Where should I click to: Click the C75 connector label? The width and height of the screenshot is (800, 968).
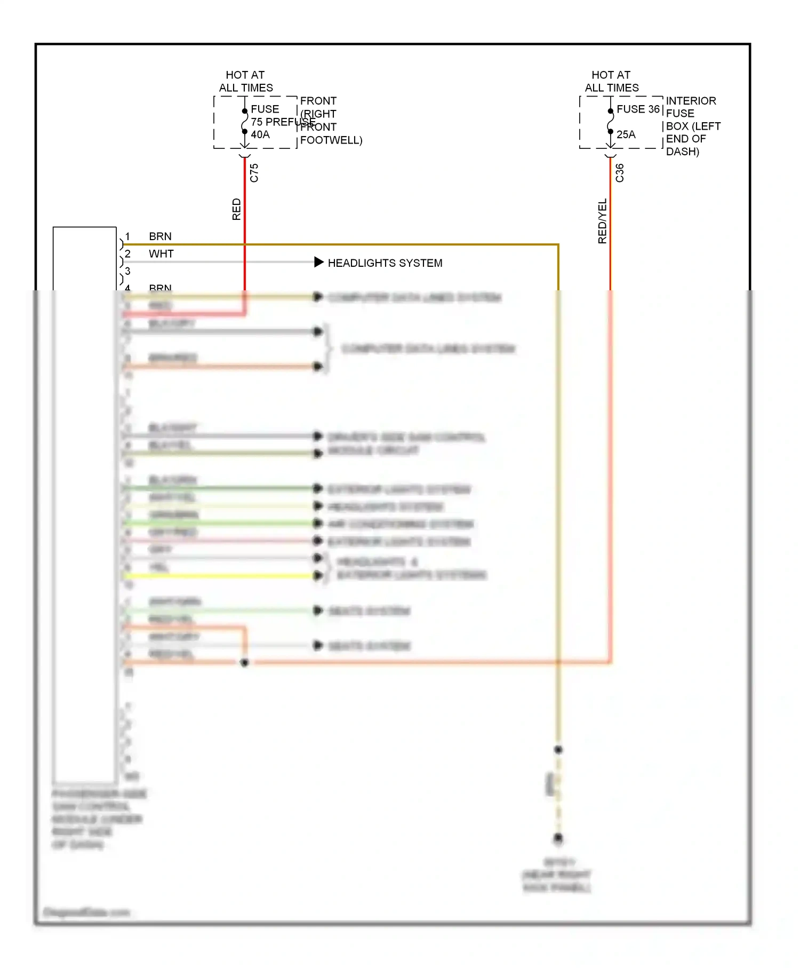tap(254, 173)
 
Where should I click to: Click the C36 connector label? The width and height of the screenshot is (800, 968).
tap(620, 173)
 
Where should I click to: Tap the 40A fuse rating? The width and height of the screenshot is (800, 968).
tap(260, 135)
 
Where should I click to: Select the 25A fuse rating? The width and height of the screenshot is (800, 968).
tap(626, 135)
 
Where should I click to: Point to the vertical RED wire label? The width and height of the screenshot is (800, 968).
tap(237, 209)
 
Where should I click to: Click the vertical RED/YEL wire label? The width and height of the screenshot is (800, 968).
tap(603, 221)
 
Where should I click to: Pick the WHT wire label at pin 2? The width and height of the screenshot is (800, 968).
tap(161, 254)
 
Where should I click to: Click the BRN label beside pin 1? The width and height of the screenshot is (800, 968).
tap(160, 236)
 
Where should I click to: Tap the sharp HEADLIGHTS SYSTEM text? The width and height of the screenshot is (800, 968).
tap(385, 263)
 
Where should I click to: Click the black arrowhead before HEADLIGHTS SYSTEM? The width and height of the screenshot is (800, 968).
tap(319, 262)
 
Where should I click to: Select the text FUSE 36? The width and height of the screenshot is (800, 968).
tap(638, 109)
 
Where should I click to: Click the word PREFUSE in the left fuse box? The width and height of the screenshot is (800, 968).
tap(290, 122)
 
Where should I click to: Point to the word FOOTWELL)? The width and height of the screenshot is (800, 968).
tap(331, 140)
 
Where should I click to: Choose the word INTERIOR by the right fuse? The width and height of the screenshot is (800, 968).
tap(691, 101)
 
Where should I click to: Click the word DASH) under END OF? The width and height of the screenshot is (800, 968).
tap(682, 152)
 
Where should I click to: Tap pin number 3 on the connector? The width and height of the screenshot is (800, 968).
tap(127, 272)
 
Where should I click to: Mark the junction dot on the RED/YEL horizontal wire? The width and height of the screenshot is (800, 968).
tap(245, 663)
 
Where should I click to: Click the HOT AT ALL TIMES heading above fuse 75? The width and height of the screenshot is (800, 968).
tap(246, 82)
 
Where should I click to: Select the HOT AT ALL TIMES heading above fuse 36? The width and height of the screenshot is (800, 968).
tap(612, 82)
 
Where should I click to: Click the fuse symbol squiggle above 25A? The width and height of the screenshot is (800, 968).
tap(610, 121)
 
